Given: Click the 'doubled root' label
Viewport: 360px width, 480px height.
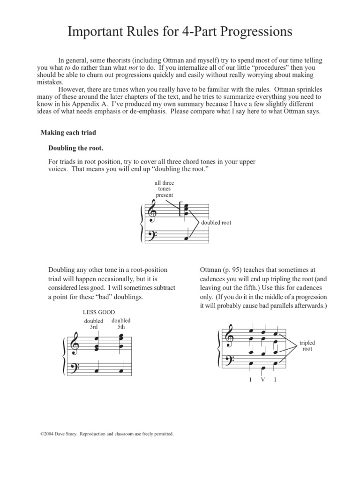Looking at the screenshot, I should pos(216,223).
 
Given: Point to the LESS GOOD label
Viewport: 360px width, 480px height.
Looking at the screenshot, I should pos(98,312).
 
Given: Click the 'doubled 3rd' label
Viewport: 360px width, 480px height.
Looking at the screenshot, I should pos(93,324).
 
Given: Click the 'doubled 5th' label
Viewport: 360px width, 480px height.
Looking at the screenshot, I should pos(121,323).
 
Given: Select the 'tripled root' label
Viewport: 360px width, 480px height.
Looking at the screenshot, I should pos(307,346).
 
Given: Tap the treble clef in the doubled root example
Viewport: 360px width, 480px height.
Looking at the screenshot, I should pos(151,210).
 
